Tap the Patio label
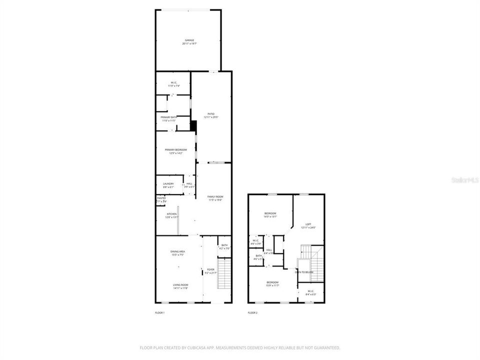pyautogui.click(x=211, y=114)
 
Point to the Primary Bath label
pyautogui.click(x=168, y=117)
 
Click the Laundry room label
pyautogui.click(x=168, y=183)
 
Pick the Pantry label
pyautogui.click(x=161, y=198)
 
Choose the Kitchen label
pyautogui.click(x=172, y=214)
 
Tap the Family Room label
pyautogui.click(x=215, y=197)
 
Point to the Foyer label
pyautogui.click(x=211, y=269)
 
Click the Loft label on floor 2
pyautogui.click(x=308, y=224)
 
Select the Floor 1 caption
pyautogui.click(x=160, y=313)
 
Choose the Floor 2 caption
pyautogui.click(x=252, y=313)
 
